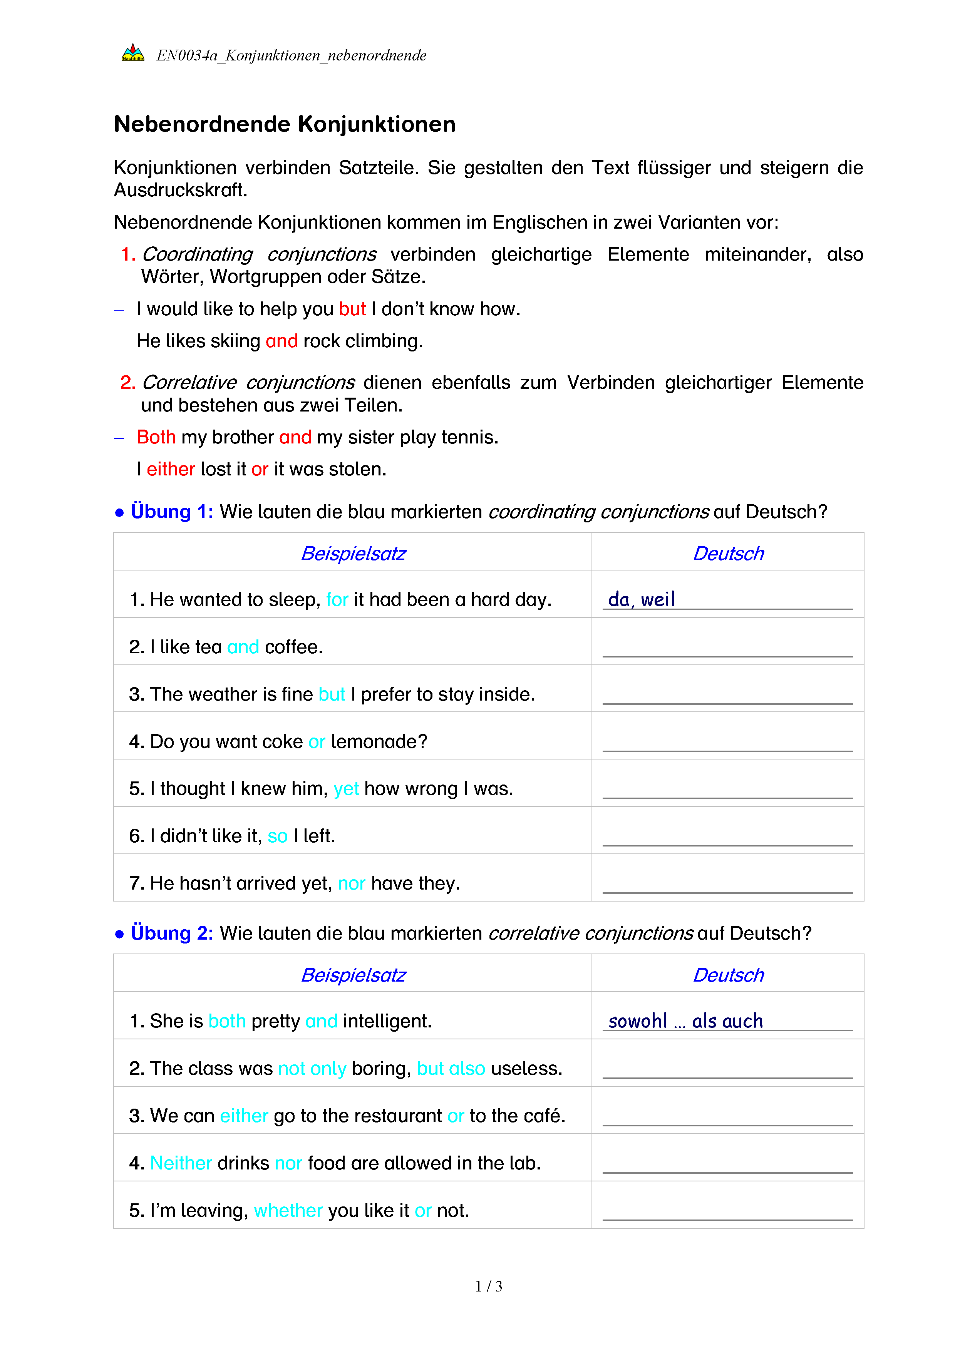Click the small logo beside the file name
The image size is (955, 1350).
(x=133, y=54)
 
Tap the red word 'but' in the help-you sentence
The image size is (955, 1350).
(x=352, y=309)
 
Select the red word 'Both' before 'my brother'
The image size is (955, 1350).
(x=156, y=437)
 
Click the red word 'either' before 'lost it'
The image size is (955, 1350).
(x=171, y=469)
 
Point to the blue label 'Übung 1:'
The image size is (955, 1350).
(x=172, y=512)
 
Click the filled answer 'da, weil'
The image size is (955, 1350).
(x=641, y=600)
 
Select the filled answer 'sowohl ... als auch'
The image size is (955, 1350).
(x=685, y=1021)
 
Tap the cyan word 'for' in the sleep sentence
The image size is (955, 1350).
(x=337, y=600)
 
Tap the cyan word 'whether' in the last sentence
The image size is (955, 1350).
(x=288, y=1211)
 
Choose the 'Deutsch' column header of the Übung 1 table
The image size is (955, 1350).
(x=728, y=554)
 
